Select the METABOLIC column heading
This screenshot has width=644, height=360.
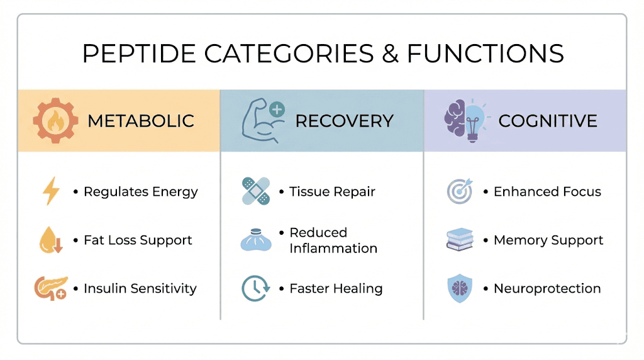click(x=141, y=121)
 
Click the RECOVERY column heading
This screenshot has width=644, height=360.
click(x=345, y=121)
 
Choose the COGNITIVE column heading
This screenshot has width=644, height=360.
click(x=548, y=121)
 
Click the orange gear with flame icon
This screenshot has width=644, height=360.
click(x=55, y=120)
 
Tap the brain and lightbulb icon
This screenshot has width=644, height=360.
click(x=465, y=120)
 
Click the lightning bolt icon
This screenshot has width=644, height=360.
click(x=50, y=191)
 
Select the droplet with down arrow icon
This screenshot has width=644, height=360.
click(x=50, y=240)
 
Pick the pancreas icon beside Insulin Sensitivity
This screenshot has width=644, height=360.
click(x=50, y=288)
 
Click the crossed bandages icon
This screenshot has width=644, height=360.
click(x=255, y=191)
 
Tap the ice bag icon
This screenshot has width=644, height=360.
click(x=255, y=240)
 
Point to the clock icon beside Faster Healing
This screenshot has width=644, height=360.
click(x=255, y=288)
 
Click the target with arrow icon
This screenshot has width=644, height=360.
click(x=460, y=191)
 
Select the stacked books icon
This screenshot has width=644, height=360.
click(x=460, y=240)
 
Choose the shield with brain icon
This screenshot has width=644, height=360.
click(x=460, y=288)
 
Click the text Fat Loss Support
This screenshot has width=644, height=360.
click(x=138, y=240)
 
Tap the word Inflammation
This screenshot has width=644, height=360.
click(x=333, y=248)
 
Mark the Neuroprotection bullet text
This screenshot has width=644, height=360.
click(x=547, y=288)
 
